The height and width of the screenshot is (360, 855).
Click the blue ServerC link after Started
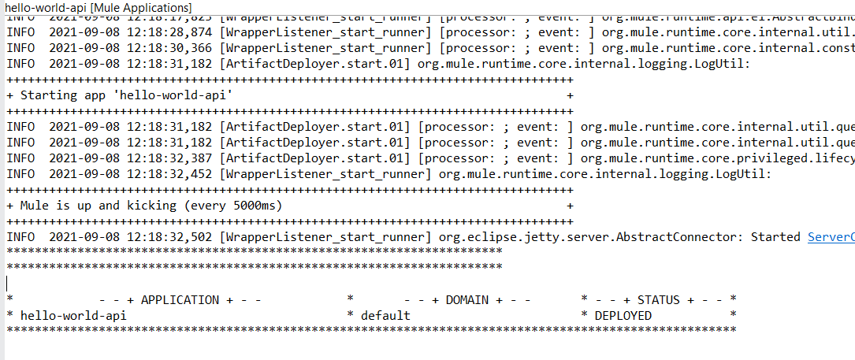[x=831, y=237]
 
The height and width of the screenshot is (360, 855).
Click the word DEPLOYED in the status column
[x=623, y=316]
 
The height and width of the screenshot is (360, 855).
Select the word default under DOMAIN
[x=385, y=316]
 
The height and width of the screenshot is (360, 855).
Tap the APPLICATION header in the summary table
[x=180, y=300]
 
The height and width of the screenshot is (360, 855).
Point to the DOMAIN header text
[x=474, y=300]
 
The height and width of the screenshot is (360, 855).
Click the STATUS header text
[x=659, y=300]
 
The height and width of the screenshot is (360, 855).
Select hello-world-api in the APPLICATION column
[x=73, y=316]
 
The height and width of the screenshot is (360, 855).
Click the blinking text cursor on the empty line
[x=7, y=284]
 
